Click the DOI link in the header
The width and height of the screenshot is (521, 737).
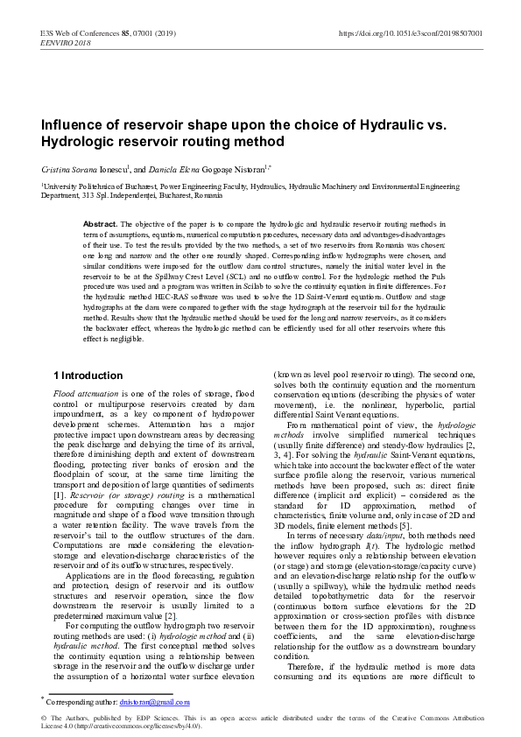point(410,33)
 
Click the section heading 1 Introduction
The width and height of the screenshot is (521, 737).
point(88,376)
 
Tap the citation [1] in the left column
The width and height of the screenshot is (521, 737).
point(60,495)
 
